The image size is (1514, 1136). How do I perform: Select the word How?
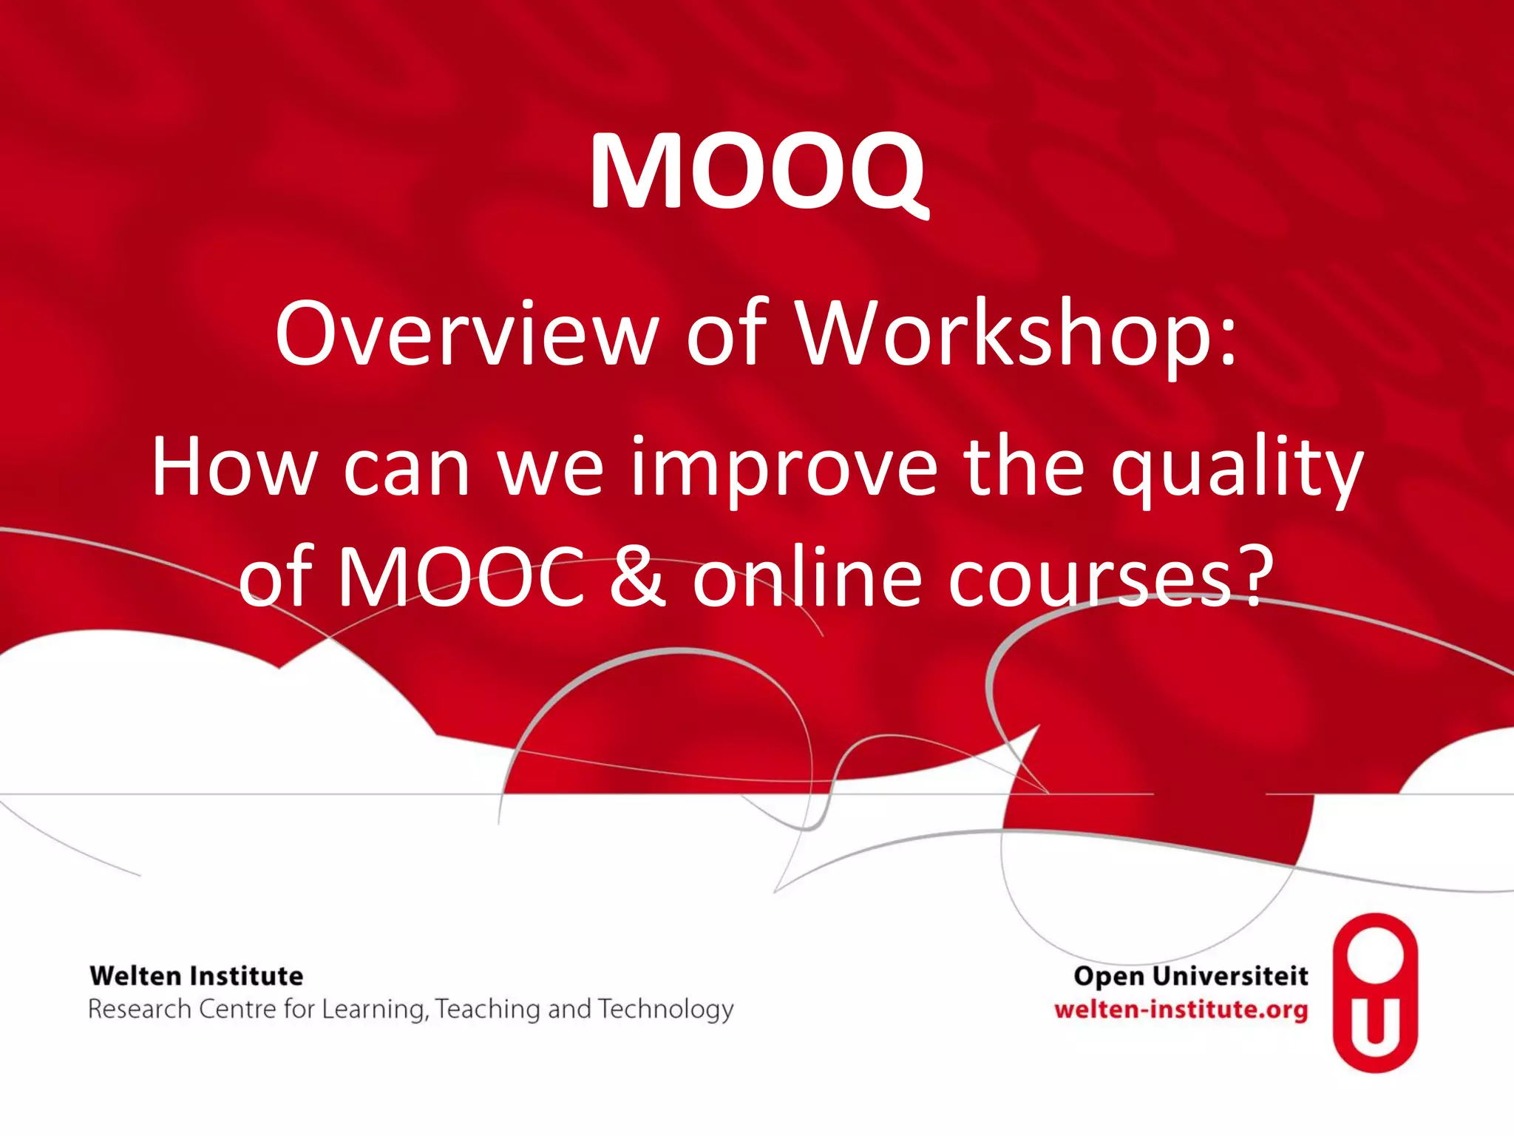[x=234, y=467]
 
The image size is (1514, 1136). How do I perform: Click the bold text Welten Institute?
[x=197, y=976]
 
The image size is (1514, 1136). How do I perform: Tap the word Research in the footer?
[x=140, y=1010]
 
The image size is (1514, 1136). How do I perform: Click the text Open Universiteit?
[x=1191, y=976]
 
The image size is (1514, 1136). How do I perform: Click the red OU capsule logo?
[x=1375, y=993]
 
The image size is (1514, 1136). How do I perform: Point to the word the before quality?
[x=1024, y=467]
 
